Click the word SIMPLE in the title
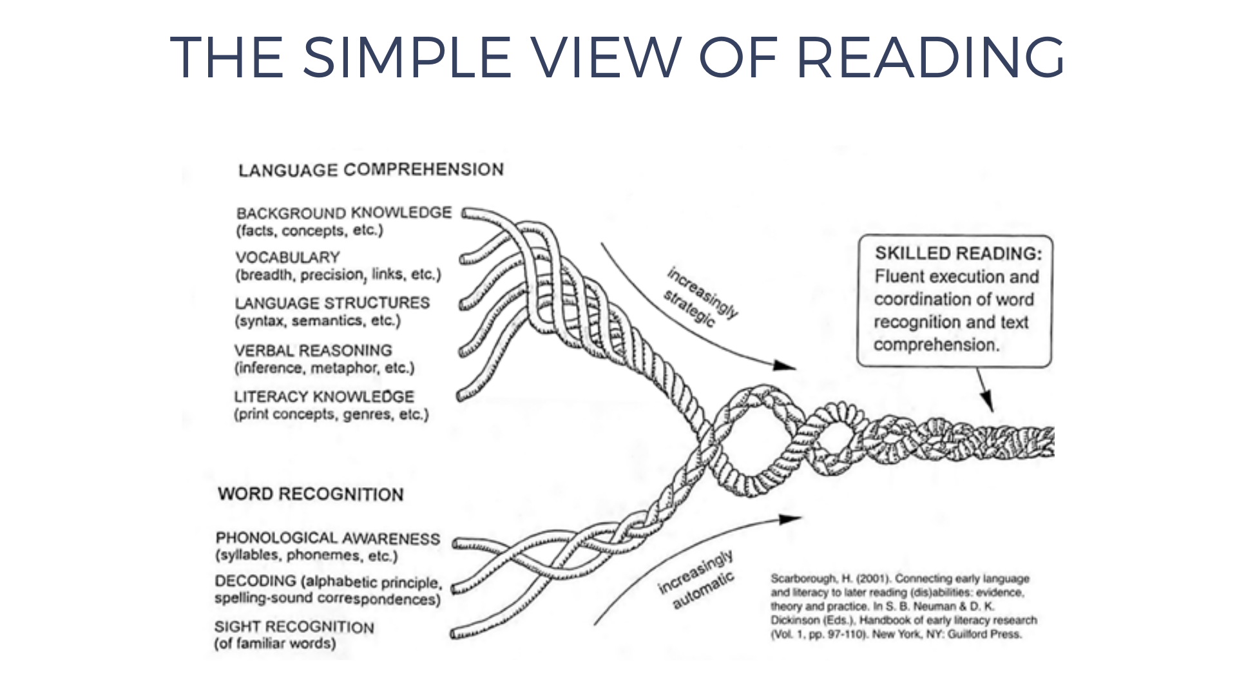[407, 57]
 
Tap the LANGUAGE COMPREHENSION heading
[370, 169]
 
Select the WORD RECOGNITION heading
[311, 494]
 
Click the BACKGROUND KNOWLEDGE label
[343, 213]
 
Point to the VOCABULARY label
[287, 257]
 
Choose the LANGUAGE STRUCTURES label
[332, 303]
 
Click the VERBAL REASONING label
[312, 351]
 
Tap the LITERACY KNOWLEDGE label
[323, 396]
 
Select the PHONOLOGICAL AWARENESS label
[327, 538]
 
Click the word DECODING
[256, 581]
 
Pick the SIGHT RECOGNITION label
[294, 626]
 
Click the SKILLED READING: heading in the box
[957, 253]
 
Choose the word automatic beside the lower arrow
[703, 590]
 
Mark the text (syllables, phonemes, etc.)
[306, 556]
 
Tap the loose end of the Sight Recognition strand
[455, 635]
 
